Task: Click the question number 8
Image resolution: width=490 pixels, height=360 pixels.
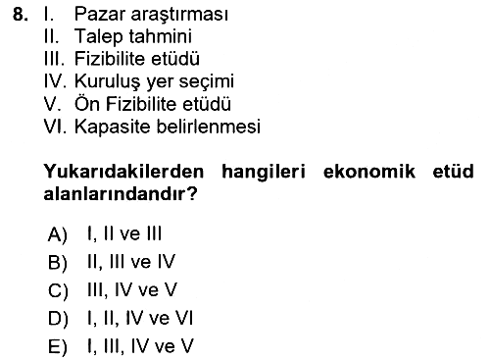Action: pyautogui.click(x=20, y=15)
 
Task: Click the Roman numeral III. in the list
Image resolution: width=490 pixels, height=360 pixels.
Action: pyautogui.click(x=54, y=59)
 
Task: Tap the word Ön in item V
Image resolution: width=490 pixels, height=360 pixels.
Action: pyautogui.click(x=87, y=103)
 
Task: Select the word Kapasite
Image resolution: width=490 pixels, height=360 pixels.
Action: pyautogui.click(x=113, y=128)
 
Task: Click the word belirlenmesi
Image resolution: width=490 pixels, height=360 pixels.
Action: pyautogui.click(x=209, y=127)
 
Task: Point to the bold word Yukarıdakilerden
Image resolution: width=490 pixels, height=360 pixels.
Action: pyautogui.click(x=123, y=172)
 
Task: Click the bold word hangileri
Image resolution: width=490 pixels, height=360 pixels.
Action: pyautogui.click(x=264, y=173)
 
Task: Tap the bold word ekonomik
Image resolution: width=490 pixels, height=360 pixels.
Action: pyautogui.click(x=369, y=172)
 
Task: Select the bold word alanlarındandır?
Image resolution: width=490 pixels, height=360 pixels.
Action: pyautogui.click(x=121, y=194)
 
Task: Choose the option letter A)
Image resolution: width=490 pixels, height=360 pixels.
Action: pyautogui.click(x=58, y=234)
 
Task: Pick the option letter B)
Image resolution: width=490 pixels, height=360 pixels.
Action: pyautogui.click(x=58, y=263)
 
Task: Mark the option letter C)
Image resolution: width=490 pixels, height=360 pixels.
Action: pyautogui.click(x=58, y=290)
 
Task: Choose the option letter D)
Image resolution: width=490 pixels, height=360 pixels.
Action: pyautogui.click(x=58, y=319)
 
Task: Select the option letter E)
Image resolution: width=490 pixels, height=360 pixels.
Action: pyautogui.click(x=58, y=347)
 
